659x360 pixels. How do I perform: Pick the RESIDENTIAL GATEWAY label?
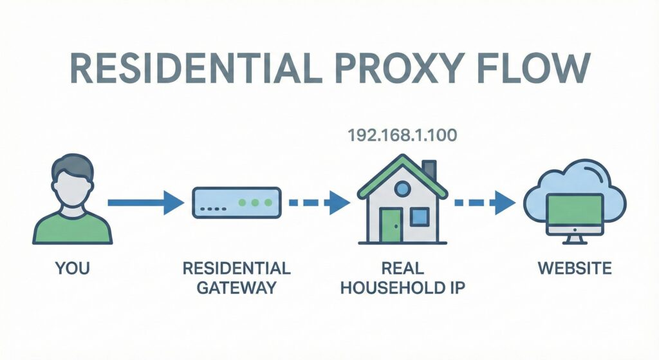(236, 277)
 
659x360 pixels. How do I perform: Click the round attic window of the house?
(402, 189)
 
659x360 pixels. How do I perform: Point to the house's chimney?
(429, 170)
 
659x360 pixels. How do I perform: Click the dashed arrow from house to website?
(484, 203)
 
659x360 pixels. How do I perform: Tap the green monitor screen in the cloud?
(575, 209)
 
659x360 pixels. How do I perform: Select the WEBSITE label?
(575, 267)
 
